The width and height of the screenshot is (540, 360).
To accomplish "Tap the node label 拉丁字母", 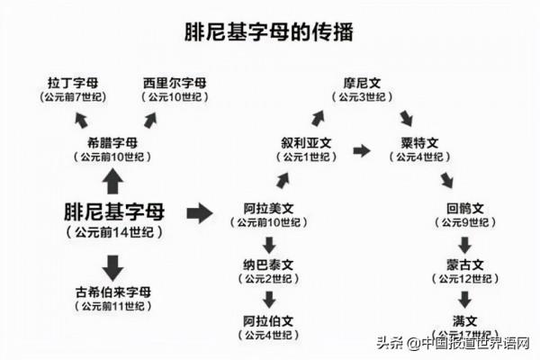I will click(75, 84).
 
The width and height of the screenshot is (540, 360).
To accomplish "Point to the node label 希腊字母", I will click(112, 142).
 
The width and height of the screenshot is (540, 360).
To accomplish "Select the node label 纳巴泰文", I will click(268, 265).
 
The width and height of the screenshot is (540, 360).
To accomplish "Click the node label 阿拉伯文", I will click(268, 321).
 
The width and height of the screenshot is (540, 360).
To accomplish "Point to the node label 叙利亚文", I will click(307, 141).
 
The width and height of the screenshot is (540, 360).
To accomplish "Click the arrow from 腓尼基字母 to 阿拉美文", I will click(199, 213).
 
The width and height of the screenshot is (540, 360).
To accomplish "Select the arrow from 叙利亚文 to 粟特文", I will click(361, 150).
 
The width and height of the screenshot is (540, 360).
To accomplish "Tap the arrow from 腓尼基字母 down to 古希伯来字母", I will click(112, 267).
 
